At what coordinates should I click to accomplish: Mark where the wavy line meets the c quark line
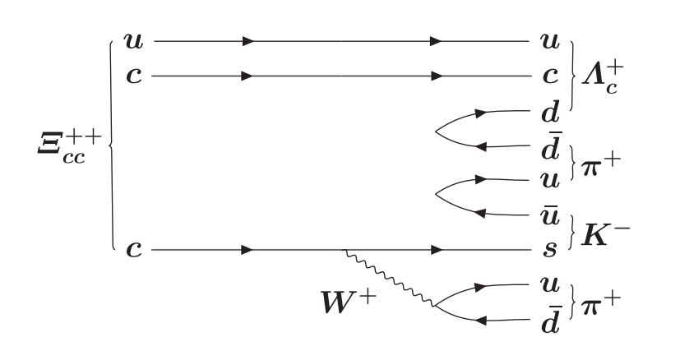[343, 248]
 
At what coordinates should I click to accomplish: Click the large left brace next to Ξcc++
[110, 144]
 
